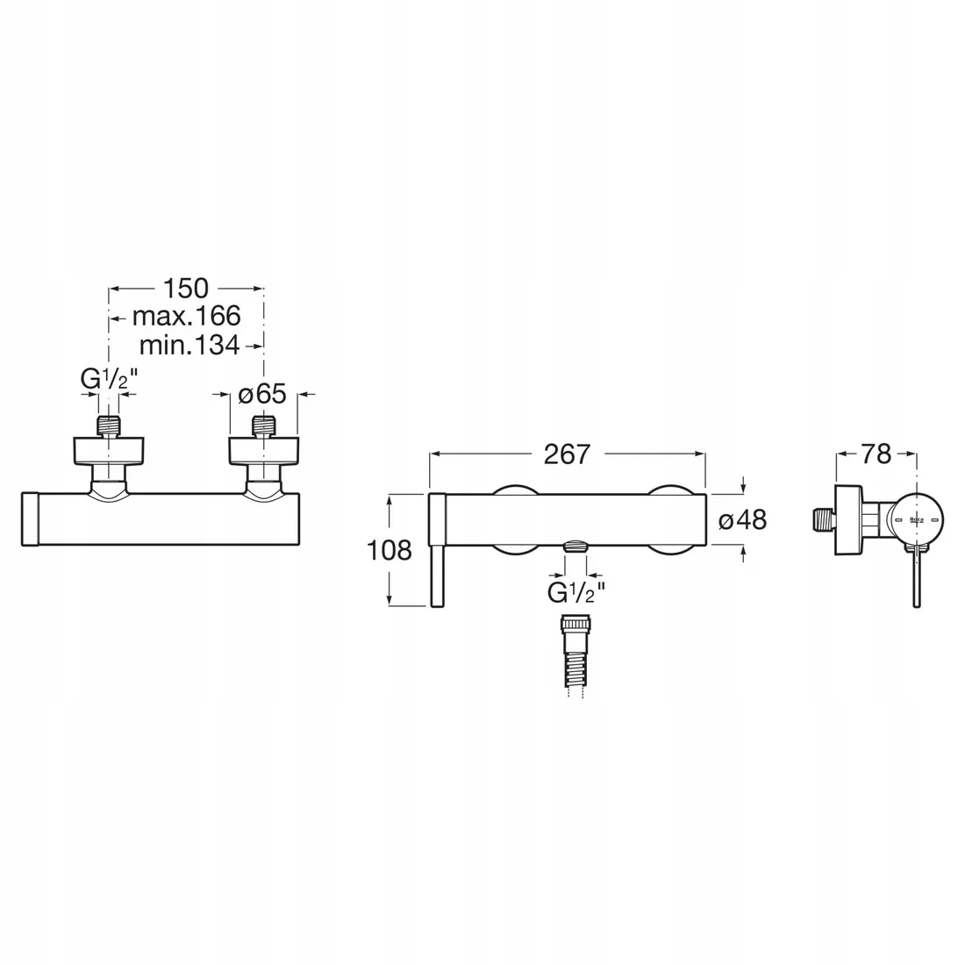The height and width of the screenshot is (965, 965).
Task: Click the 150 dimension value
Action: pyautogui.click(x=185, y=288)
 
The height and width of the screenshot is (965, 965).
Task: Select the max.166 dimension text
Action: pyautogui.click(x=186, y=316)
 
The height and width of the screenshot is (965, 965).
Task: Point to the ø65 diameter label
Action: pyautogui.click(x=262, y=395)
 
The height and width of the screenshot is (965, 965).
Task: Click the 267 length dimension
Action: pyautogui.click(x=567, y=454)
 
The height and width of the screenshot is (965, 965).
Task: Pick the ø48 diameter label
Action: pyautogui.click(x=742, y=519)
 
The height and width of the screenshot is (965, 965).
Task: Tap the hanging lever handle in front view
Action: pyautogui.click(x=439, y=575)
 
